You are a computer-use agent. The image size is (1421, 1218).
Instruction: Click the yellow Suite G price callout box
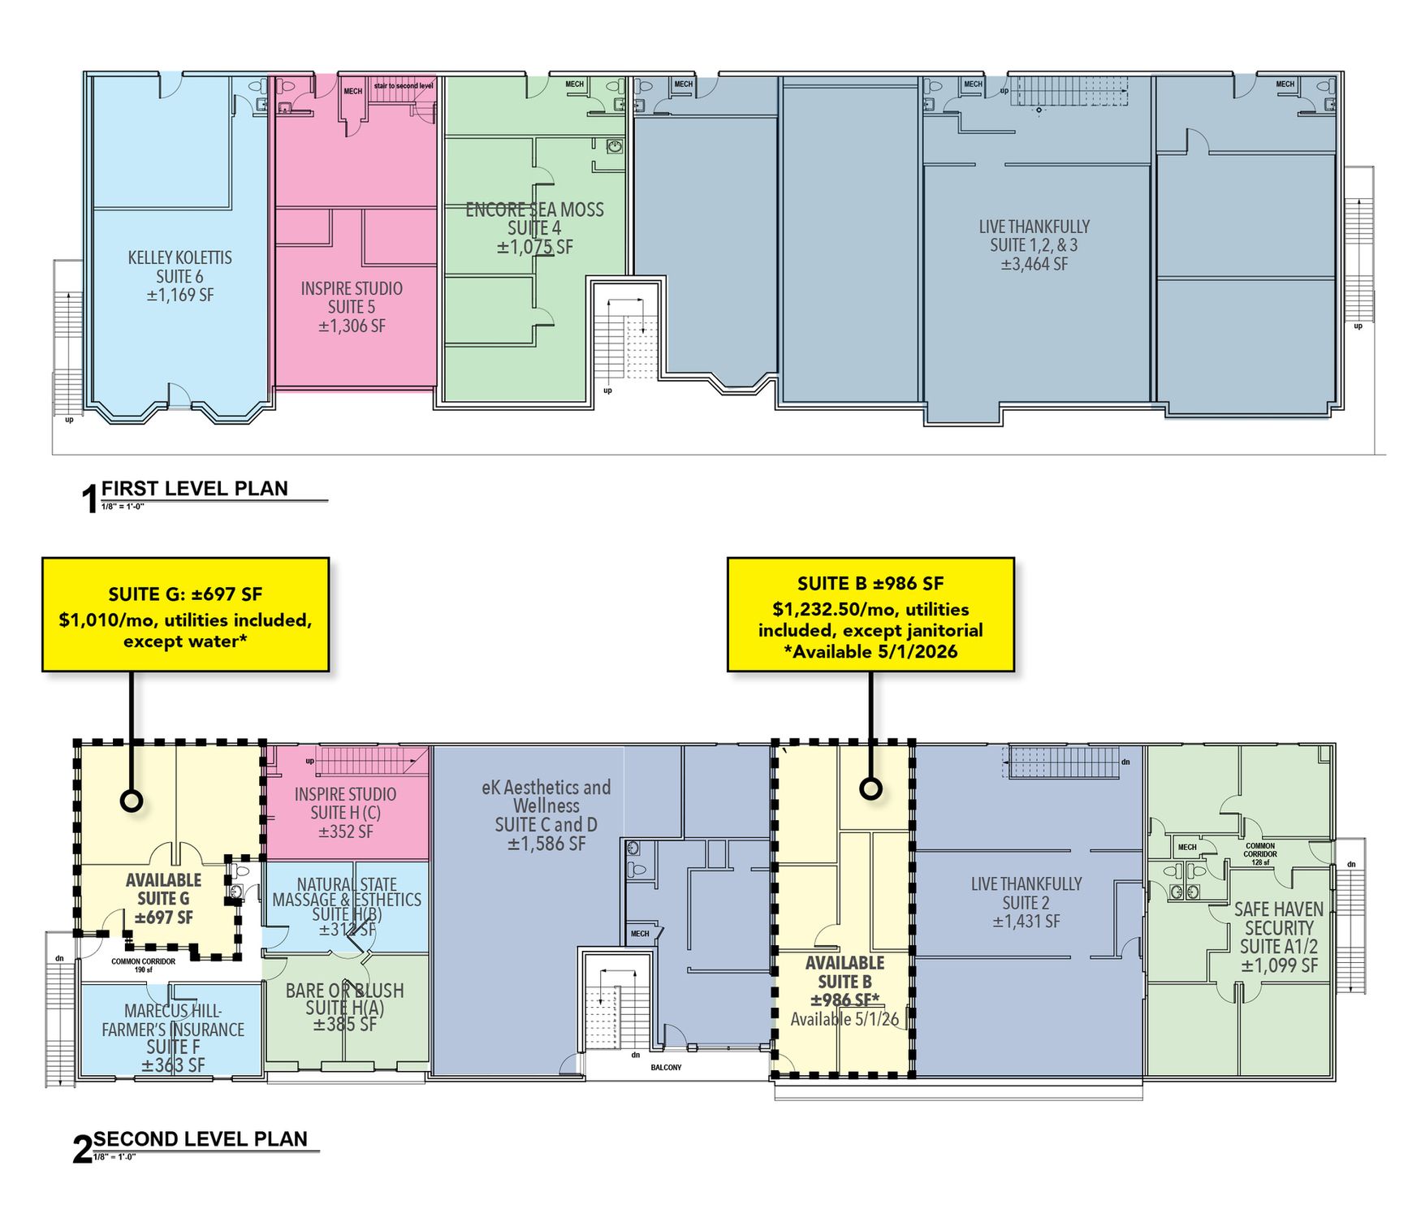[x=185, y=615]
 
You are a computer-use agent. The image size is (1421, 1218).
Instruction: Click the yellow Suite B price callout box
[x=870, y=615]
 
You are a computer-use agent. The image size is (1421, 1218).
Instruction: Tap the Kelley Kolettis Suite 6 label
[x=179, y=276]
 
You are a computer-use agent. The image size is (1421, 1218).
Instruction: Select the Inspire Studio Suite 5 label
[x=352, y=307]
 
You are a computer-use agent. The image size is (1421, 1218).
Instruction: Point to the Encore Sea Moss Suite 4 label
[x=534, y=228]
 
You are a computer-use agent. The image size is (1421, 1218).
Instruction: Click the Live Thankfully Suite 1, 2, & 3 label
[x=1034, y=245]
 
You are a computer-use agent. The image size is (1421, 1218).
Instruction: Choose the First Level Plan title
[x=194, y=489]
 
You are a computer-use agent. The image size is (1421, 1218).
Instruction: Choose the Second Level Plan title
[x=200, y=1139]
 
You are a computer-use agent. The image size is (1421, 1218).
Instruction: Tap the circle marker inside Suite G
[x=132, y=801]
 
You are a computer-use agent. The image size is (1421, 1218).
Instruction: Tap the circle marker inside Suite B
[x=870, y=788]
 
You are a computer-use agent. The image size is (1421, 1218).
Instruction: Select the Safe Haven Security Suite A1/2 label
[x=1279, y=937]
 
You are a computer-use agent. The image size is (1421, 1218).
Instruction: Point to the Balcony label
[x=666, y=1067]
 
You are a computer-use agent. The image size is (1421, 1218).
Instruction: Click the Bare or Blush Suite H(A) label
[x=345, y=1008]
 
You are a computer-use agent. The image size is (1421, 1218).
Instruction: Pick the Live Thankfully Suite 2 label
[x=1026, y=902]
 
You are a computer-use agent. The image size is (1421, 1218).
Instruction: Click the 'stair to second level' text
[x=404, y=85]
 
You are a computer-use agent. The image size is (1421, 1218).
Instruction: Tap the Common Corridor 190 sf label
[x=143, y=965]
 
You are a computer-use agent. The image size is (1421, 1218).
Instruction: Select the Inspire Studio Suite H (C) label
[x=345, y=813]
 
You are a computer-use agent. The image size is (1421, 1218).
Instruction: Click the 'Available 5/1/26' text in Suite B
[x=844, y=1020]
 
